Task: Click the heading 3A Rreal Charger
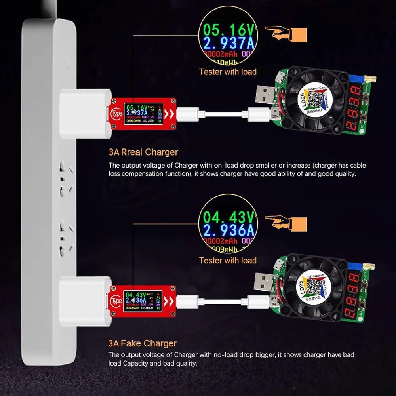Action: (143, 152)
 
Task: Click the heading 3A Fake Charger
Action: (143, 343)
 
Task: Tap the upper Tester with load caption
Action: (228, 72)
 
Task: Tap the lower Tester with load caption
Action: (228, 260)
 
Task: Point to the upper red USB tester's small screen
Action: (143, 114)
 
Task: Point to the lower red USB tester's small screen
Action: (143, 302)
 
